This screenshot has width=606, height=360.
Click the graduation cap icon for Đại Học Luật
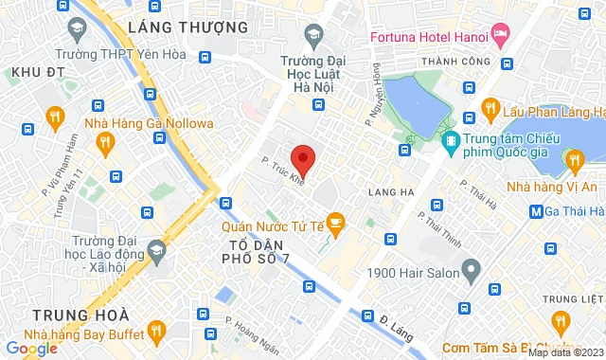pos(312,35)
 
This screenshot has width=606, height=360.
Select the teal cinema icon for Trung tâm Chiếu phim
pos(452,142)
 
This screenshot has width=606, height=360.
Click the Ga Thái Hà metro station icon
pos(537,211)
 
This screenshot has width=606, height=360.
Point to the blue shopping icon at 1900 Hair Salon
pos(471,274)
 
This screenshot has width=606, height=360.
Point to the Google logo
pos(31,348)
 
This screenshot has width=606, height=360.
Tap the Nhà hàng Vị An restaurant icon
pos(573,161)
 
